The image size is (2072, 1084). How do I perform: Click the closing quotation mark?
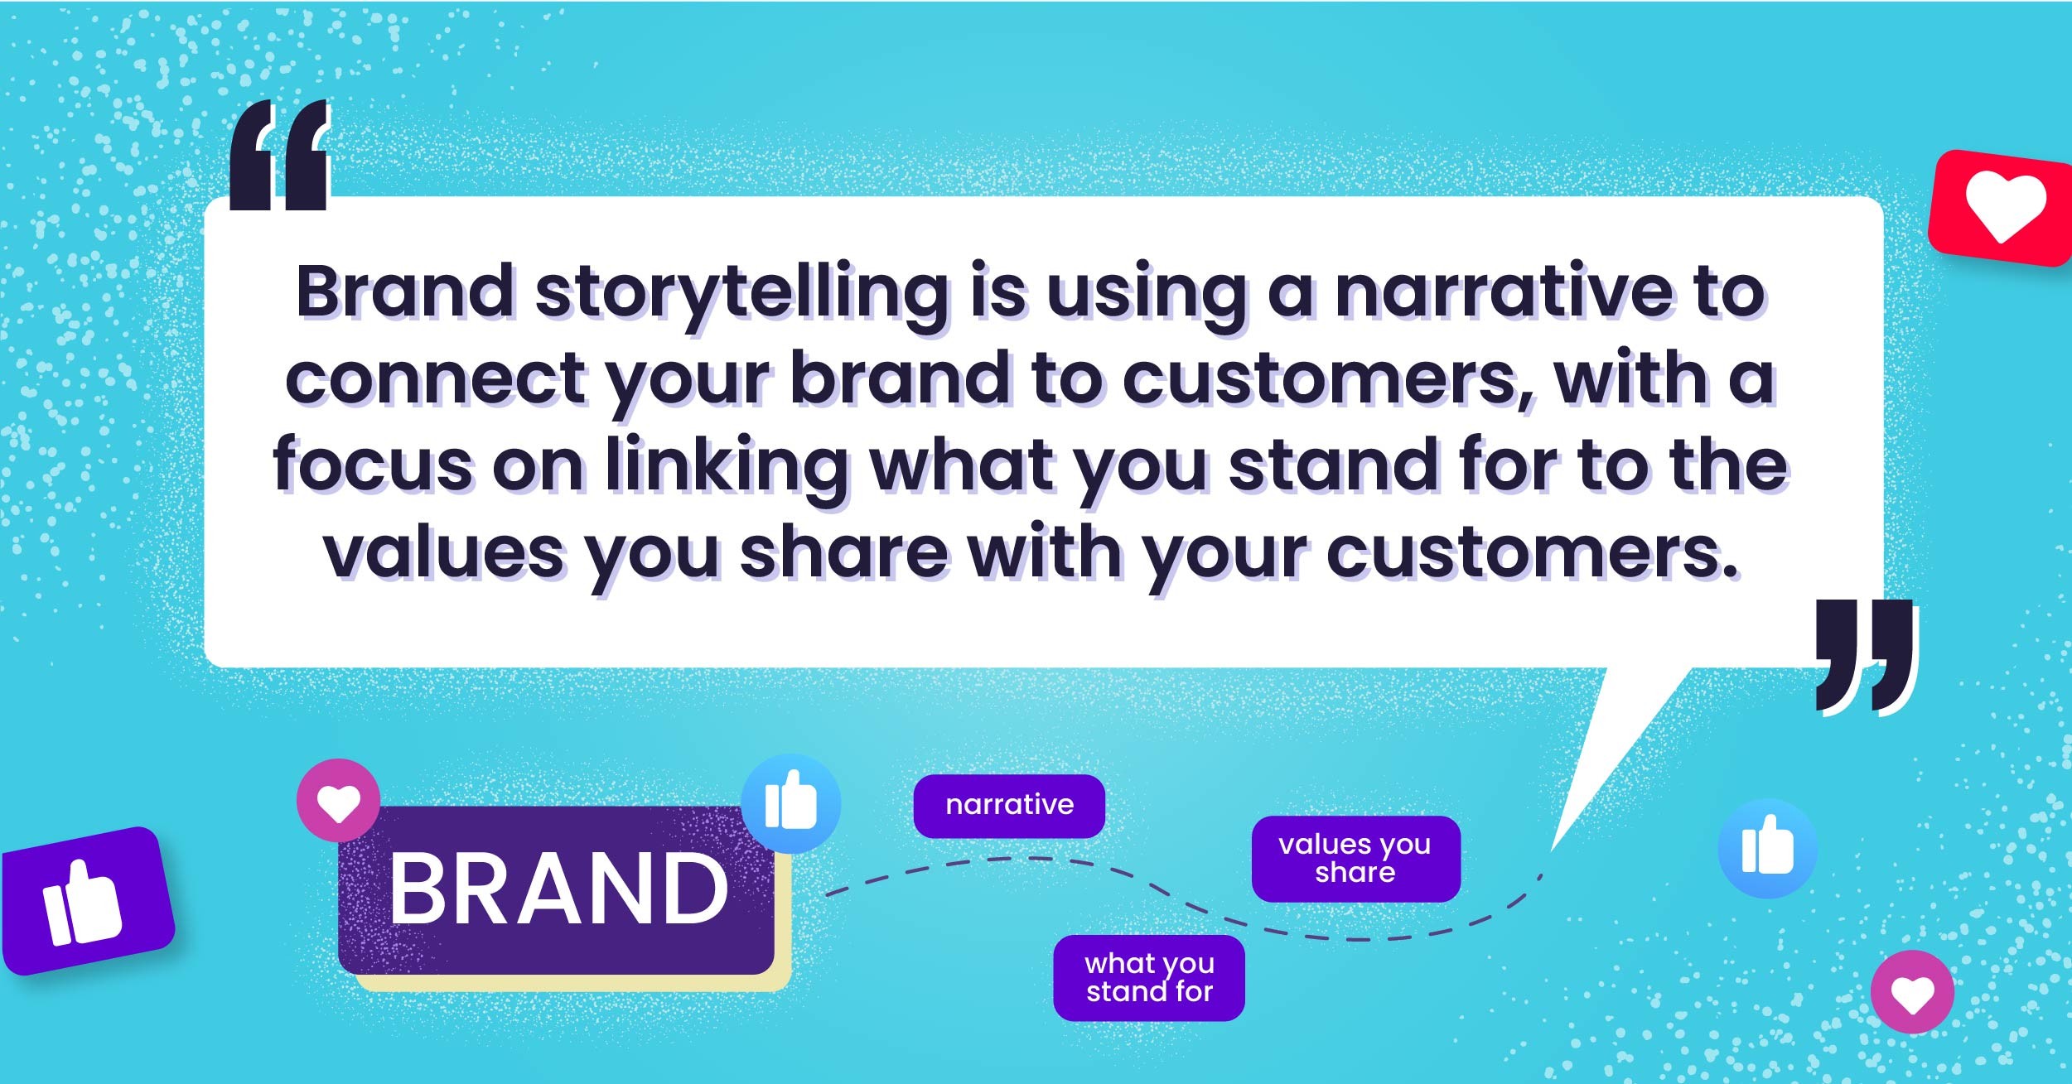tap(1867, 656)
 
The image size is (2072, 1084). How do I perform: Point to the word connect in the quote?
tap(436, 378)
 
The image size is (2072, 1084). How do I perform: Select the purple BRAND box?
tap(557, 889)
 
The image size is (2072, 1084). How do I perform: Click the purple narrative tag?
tap(1009, 805)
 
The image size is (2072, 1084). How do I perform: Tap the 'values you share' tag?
tap(1355, 858)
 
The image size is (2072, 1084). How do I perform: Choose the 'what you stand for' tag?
tap(1149, 977)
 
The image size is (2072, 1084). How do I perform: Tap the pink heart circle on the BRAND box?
tap(339, 801)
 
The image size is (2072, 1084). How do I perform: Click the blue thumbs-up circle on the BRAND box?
tap(791, 803)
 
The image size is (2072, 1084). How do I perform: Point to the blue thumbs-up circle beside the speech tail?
tap(1767, 848)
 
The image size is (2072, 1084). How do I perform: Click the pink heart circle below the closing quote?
tap(1912, 992)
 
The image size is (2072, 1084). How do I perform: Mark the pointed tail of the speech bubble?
tap(1552, 850)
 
